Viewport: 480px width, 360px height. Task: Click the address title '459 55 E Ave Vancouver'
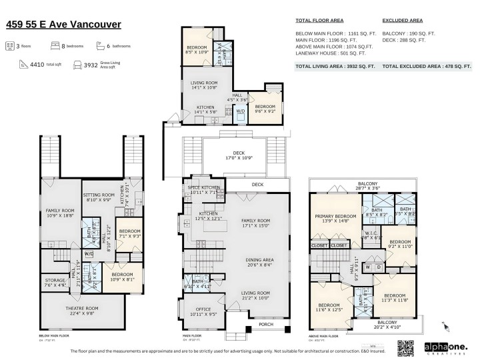(63, 25)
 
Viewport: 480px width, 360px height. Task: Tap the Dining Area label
(256, 262)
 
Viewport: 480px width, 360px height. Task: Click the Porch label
(265, 325)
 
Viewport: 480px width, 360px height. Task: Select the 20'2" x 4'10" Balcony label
(387, 325)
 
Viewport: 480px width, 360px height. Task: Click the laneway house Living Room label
(205, 85)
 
